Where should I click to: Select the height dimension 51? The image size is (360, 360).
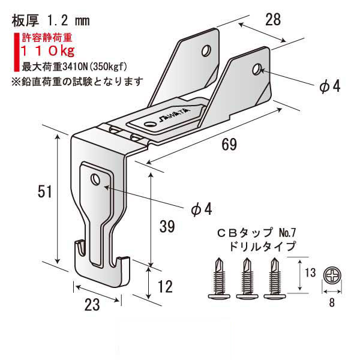44,192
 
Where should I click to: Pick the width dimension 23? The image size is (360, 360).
91,305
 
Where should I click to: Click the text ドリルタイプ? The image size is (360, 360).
259,245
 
